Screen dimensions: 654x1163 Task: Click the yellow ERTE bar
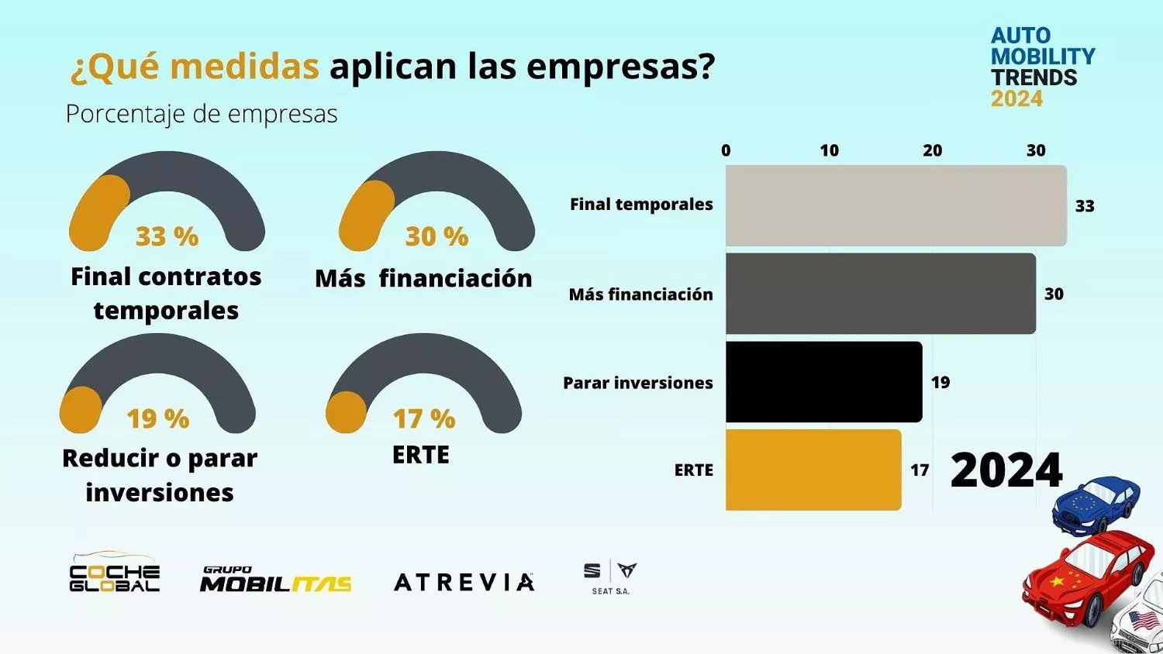click(813, 470)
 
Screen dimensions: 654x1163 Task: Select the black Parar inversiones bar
click(823, 382)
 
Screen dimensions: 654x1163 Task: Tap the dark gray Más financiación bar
click(880, 294)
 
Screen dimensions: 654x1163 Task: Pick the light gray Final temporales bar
click(896, 205)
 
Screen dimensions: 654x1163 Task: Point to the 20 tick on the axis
click(932, 150)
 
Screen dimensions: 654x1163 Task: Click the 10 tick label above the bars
click(829, 150)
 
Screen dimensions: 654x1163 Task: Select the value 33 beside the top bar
click(1084, 206)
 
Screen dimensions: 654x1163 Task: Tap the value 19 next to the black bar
click(940, 382)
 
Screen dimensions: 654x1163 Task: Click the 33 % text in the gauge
click(167, 236)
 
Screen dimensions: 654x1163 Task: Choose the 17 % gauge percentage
click(423, 419)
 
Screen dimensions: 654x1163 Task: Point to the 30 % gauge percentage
click(437, 236)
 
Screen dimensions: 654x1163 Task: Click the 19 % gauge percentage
click(157, 419)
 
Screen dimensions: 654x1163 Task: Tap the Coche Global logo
click(115, 573)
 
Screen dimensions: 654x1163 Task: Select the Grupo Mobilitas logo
click(275, 580)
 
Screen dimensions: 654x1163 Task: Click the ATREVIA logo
click(464, 582)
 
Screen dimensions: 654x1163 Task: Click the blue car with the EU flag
click(1096, 504)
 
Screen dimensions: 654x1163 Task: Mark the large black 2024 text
click(1006, 470)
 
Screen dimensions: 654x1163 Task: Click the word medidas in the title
click(244, 67)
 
